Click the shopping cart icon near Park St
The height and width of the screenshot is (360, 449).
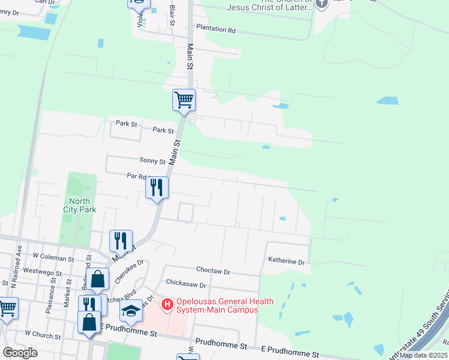(184, 100)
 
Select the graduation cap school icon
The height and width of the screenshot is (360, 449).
(130, 310)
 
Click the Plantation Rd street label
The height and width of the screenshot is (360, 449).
(214, 29)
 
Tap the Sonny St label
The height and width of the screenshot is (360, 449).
(152, 161)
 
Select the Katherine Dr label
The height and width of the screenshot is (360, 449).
(286, 262)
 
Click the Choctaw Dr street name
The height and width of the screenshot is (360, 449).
(213, 271)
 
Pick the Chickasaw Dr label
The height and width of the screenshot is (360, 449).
(186, 285)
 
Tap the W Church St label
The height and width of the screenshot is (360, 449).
(44, 332)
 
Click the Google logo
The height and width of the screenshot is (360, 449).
(20, 353)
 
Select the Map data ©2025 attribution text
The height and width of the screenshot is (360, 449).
(424, 355)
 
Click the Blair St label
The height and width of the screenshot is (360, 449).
(172, 16)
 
